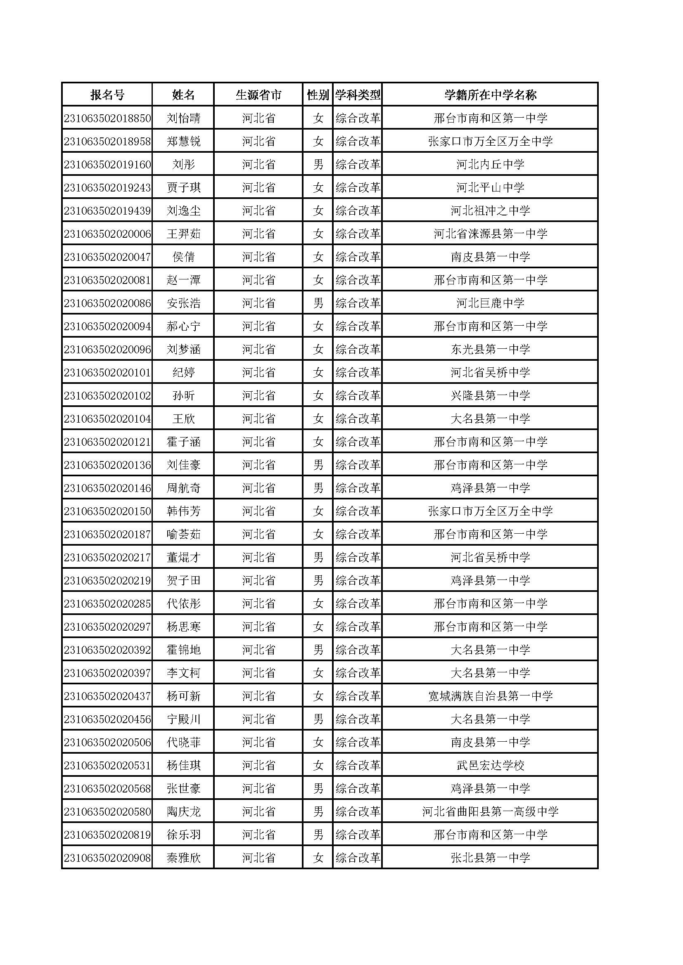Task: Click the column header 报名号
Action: (107, 95)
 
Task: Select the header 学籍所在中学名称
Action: (490, 95)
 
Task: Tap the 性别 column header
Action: (318, 95)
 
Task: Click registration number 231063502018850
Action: (107, 118)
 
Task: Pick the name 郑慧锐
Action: (183, 142)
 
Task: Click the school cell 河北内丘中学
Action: (490, 165)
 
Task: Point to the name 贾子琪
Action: (183, 188)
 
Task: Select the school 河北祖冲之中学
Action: (490, 211)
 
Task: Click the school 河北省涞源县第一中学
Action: (490, 234)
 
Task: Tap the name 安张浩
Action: (183, 303)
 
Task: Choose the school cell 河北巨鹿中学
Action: (490, 303)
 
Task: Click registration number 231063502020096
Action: (107, 350)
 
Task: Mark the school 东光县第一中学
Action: (490, 350)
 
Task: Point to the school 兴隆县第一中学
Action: (490, 396)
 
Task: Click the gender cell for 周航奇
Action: (318, 488)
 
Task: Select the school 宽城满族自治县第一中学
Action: (490, 696)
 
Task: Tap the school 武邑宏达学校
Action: (490, 766)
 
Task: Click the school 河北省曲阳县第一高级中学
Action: (490, 812)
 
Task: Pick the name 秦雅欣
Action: (183, 858)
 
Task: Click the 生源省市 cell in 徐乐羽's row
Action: (258, 835)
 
